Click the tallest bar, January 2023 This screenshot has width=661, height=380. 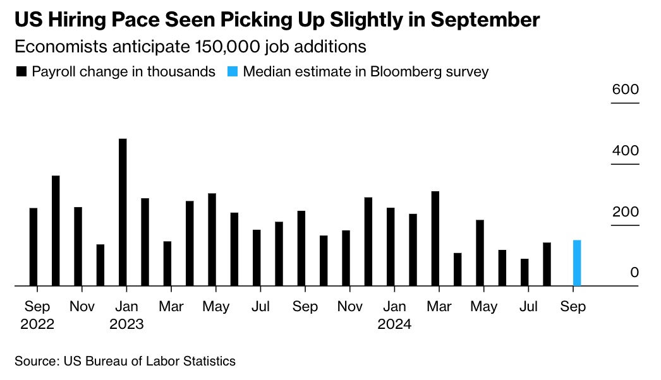[x=123, y=212]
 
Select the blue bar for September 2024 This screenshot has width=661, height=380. [x=576, y=263]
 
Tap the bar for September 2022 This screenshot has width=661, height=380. [x=33, y=247]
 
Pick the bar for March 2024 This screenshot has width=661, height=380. [x=435, y=239]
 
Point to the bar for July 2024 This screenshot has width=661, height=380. [x=524, y=272]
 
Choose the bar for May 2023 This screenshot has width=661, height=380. [x=212, y=240]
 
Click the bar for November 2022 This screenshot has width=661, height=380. [x=78, y=246]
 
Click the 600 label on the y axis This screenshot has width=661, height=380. [x=625, y=90]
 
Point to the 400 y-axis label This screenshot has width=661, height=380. [x=625, y=151]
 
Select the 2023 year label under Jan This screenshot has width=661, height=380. [x=126, y=324]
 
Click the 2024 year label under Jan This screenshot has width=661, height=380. [x=394, y=324]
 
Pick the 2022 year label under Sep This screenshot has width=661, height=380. [x=37, y=324]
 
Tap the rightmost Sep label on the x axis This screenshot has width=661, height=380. [x=573, y=307]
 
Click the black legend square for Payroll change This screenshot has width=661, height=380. [x=21, y=72]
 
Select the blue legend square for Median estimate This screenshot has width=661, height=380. [x=232, y=72]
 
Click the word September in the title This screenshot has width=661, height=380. [x=485, y=20]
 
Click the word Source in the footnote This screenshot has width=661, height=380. [x=35, y=362]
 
